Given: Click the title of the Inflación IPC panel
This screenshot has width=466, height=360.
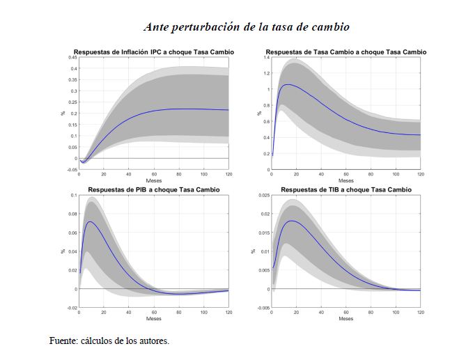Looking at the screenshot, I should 154,52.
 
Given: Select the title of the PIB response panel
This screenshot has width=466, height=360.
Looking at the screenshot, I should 154,189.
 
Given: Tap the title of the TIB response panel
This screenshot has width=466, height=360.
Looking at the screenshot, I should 345,189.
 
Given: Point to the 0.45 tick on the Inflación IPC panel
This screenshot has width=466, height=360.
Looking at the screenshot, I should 72,57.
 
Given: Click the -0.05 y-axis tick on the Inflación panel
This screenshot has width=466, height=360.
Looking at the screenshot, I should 72,169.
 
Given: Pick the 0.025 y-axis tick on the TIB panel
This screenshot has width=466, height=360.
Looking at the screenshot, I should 263,196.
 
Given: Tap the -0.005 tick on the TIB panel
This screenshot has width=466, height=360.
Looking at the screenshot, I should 262,307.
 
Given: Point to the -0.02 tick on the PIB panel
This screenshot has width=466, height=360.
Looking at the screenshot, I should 72,307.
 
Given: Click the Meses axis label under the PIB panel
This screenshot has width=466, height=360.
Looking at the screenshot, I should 154,319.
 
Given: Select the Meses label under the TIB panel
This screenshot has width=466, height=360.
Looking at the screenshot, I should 345,319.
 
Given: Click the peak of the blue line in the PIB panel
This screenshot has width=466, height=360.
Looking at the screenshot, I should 91,222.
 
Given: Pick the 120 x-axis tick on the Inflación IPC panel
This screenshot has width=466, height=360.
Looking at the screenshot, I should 228,173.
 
